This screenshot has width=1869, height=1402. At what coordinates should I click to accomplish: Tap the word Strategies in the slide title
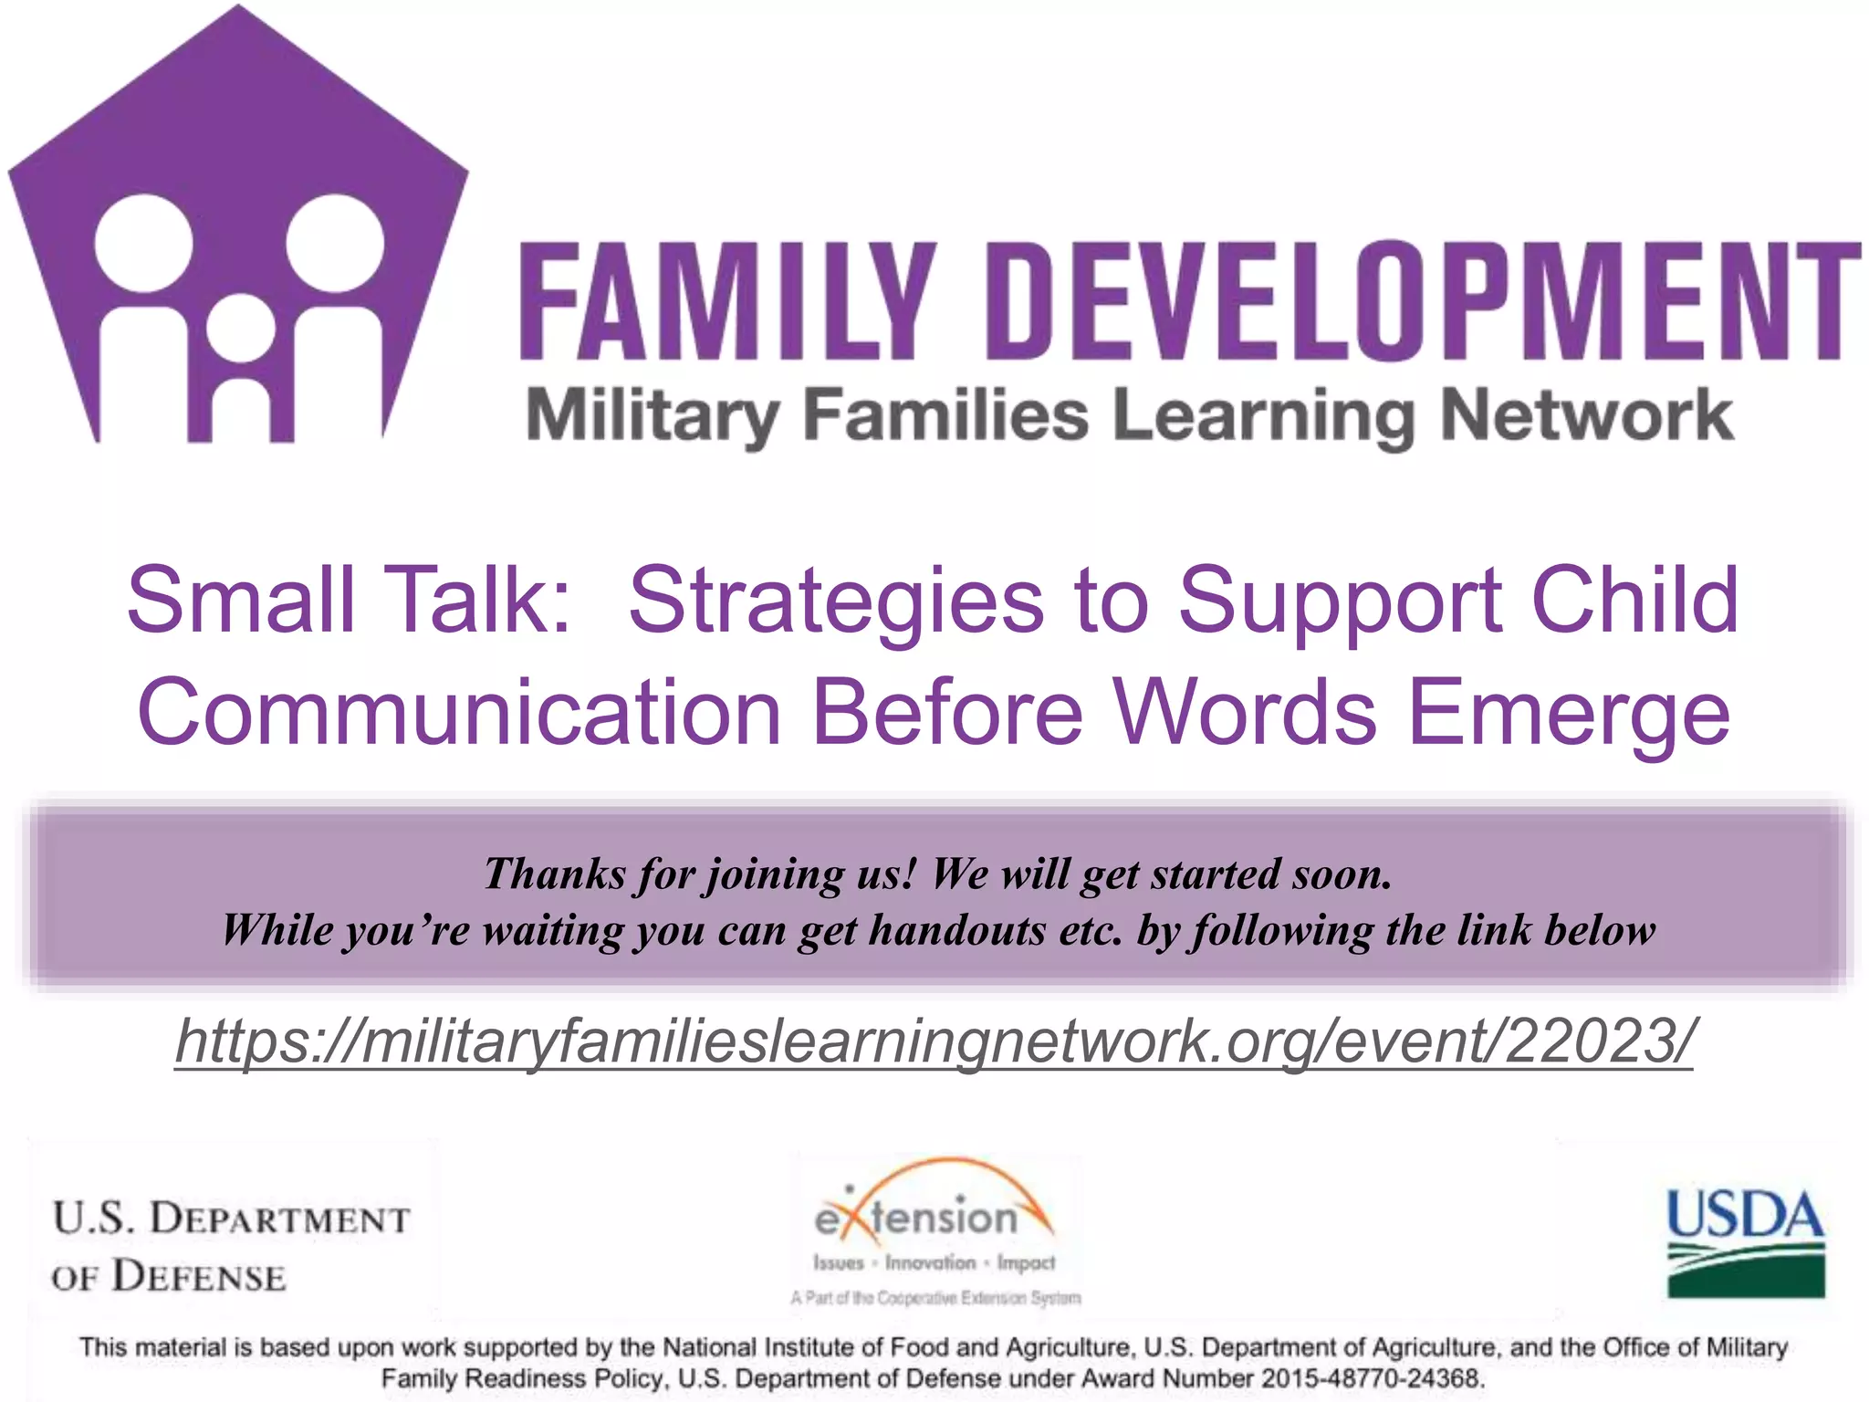(x=836, y=602)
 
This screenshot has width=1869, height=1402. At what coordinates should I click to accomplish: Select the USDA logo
(x=1745, y=1243)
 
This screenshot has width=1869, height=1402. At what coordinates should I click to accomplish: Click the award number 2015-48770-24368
(x=1373, y=1378)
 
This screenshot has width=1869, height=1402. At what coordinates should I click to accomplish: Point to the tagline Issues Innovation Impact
(x=934, y=1263)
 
